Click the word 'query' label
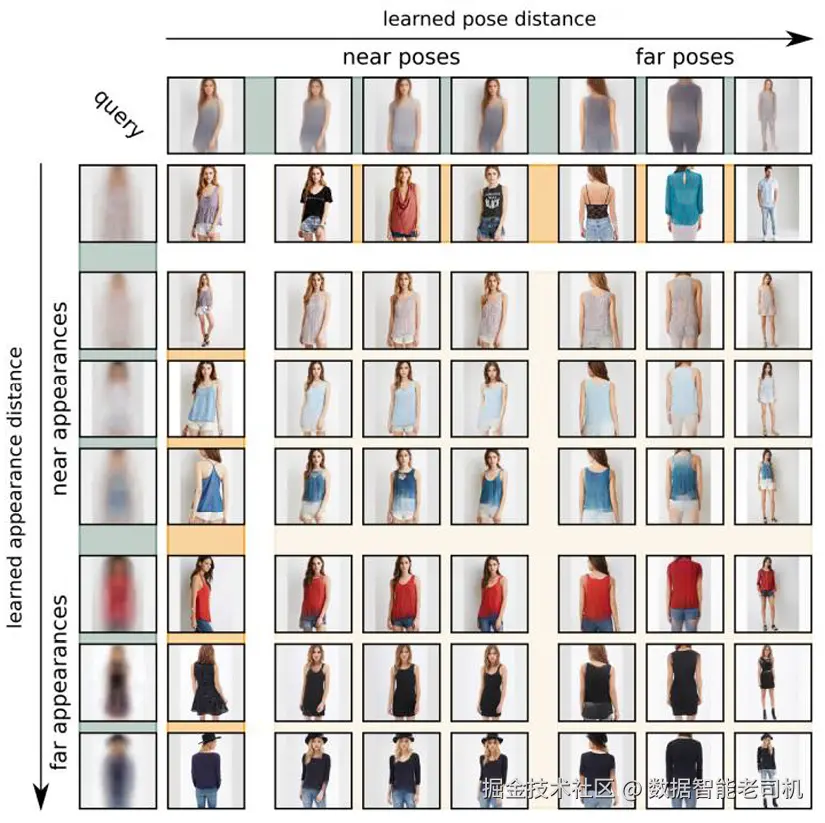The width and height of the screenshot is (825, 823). (x=118, y=114)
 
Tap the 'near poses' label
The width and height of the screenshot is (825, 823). (x=401, y=57)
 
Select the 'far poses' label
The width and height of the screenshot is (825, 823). (x=685, y=56)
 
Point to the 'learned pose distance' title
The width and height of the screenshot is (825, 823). (x=489, y=19)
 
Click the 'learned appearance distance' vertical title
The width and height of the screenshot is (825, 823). (x=15, y=487)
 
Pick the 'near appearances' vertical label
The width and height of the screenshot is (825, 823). (x=59, y=398)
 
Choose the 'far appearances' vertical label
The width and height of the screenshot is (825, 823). (x=59, y=683)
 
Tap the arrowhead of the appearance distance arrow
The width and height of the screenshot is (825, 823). (x=41, y=797)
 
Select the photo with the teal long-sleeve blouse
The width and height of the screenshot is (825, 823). (x=685, y=204)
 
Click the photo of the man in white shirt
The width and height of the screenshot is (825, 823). (x=773, y=204)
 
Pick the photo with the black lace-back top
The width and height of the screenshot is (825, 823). (x=597, y=204)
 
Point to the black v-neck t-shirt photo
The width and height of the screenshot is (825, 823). (x=313, y=204)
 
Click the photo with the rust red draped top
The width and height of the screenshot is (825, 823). (x=401, y=204)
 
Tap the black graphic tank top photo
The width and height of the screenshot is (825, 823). (x=489, y=204)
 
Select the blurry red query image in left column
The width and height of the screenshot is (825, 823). (x=118, y=594)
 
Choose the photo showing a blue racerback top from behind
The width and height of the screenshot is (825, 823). (x=206, y=486)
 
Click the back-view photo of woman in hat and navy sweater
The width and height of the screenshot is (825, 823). (x=206, y=770)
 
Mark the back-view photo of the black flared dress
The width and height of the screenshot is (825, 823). (x=206, y=682)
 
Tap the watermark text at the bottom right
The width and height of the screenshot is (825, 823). (x=642, y=789)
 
